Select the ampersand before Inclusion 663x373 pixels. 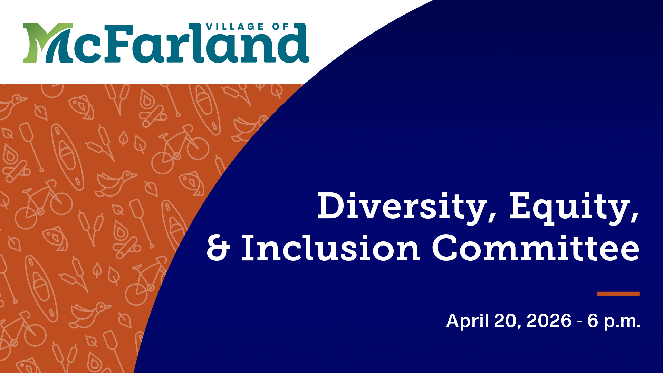pos(218,249)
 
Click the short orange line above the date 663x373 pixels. pos(618,294)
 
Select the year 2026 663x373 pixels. pos(549,321)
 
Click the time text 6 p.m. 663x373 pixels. pos(614,321)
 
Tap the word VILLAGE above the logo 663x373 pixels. pos(235,27)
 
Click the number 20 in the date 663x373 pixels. pos(506,321)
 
